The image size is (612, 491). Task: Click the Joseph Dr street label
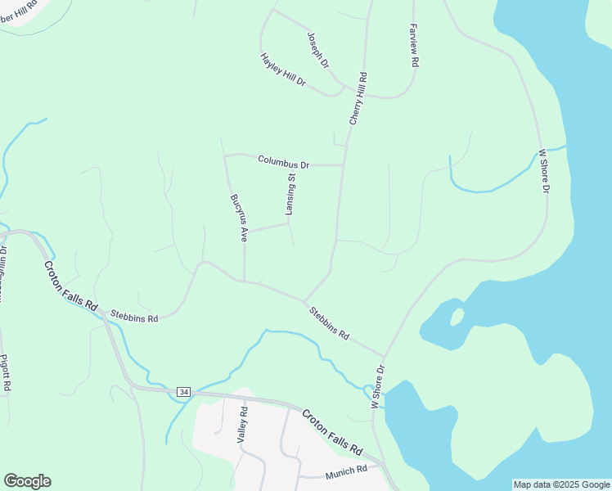pos(317,50)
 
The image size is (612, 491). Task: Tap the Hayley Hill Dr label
pos(283,70)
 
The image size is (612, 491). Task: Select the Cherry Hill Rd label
pos(358,98)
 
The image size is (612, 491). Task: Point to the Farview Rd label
pos(414,45)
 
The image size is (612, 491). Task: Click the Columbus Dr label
pos(283,162)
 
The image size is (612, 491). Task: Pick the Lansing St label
pos(290,194)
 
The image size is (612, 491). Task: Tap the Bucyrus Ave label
pos(238,218)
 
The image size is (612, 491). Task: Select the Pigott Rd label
pos(5,372)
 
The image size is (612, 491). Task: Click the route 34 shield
pos(182,393)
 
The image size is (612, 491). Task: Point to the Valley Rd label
pos(242,423)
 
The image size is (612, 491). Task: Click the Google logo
pos(27,481)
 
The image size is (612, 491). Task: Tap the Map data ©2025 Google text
pos(560,484)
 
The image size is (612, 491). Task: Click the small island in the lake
pos(457,316)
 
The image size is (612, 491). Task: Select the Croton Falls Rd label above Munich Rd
pos(332,432)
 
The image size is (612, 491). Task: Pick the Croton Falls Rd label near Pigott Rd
pos(70,282)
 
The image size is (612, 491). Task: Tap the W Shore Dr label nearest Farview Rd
pos(544,171)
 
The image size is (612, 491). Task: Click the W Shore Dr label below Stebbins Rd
pos(377,387)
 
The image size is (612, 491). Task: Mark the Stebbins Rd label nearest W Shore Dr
pos(329,323)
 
